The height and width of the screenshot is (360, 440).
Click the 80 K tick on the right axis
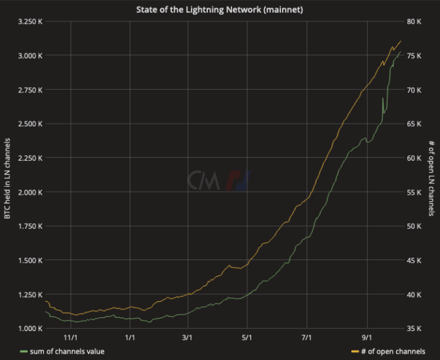pyautogui.click(x=414, y=21)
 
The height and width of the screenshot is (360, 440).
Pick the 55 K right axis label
pyautogui.click(x=414, y=192)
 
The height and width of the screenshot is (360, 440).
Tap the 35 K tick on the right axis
pyautogui.click(x=414, y=328)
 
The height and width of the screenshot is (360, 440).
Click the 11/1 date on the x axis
pyautogui.click(x=70, y=337)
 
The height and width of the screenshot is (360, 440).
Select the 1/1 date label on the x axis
pyautogui.click(x=130, y=337)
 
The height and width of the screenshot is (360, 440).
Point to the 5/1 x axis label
pyautogui.click(x=248, y=337)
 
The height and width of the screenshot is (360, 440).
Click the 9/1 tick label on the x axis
pyautogui.click(x=366, y=337)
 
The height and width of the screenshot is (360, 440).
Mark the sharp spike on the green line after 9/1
pyautogui.click(x=383, y=99)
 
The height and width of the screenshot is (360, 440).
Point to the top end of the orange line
pyautogui.click(x=400, y=41)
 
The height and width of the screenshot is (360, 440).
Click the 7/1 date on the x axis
pyautogui.click(x=307, y=337)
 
